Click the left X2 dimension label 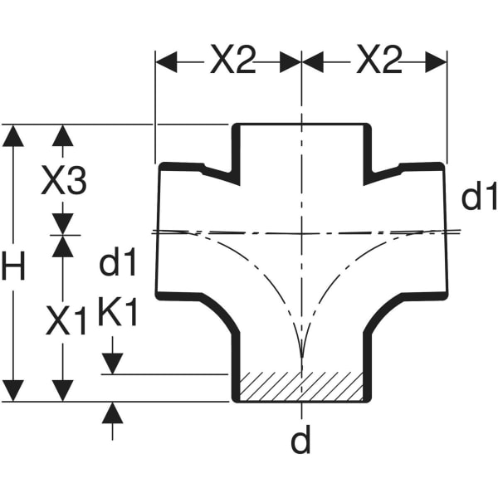(232, 61)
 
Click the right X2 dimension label (378, 61)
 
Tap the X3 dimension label (64, 181)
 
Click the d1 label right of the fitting (479, 198)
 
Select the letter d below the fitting (300, 442)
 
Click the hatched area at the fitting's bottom (300, 387)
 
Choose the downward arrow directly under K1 (113, 364)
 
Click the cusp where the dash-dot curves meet (301, 357)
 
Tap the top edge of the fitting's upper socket (300, 125)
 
